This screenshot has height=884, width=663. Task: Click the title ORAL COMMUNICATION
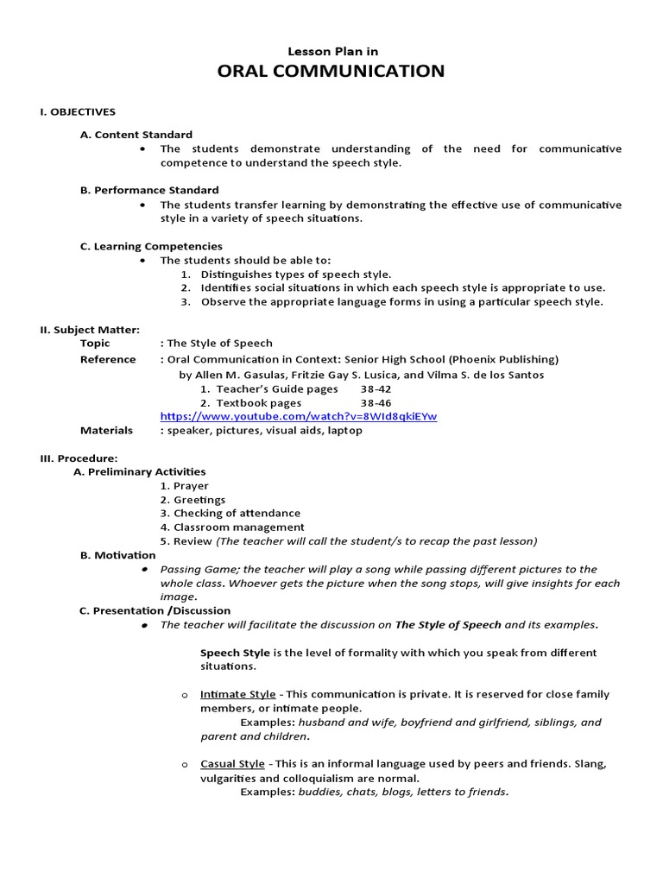tap(331, 71)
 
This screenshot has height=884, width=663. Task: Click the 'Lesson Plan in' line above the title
tap(331, 51)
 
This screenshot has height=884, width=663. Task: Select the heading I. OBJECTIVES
tap(78, 111)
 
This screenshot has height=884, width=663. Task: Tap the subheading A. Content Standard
tap(136, 135)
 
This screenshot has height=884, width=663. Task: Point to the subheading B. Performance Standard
tap(149, 190)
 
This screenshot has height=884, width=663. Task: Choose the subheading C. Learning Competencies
tap(151, 246)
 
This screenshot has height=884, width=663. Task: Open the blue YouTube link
tap(299, 416)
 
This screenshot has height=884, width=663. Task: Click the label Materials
tap(106, 430)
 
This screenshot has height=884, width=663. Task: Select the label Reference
tap(108, 359)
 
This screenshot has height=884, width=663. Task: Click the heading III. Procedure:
tap(79, 458)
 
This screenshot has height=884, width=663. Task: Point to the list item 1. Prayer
tap(184, 485)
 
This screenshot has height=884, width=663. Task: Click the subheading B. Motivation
tap(117, 555)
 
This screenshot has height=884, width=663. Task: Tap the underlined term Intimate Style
tap(238, 694)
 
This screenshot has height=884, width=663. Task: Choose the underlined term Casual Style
tap(232, 764)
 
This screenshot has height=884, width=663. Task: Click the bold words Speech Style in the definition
tap(235, 653)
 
